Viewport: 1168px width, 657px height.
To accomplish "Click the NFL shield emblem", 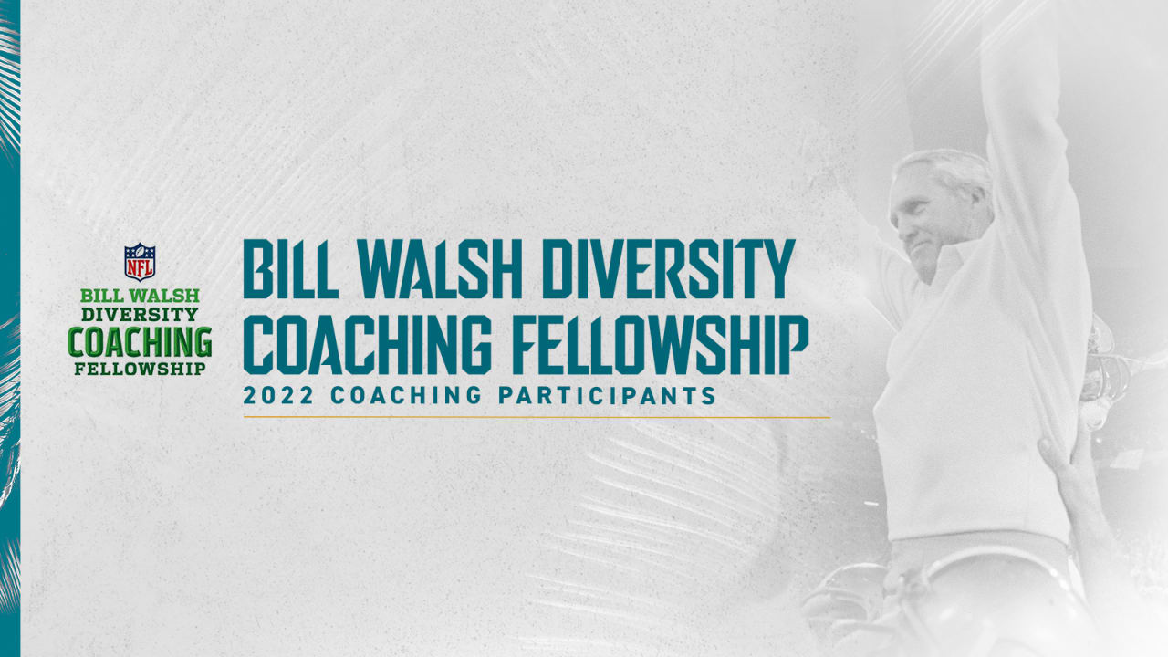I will pos(140,262).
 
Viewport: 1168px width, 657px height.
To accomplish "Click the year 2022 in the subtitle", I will pos(278,396).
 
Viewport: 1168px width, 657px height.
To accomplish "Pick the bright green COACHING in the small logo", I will pos(140,342).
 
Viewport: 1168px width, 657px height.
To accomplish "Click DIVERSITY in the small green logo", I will pos(140,315).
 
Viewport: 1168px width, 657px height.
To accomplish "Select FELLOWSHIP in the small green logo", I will pos(140,369).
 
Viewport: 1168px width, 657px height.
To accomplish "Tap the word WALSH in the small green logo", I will pos(166,296).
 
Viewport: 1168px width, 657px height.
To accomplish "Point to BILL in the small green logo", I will pos(103,296).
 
